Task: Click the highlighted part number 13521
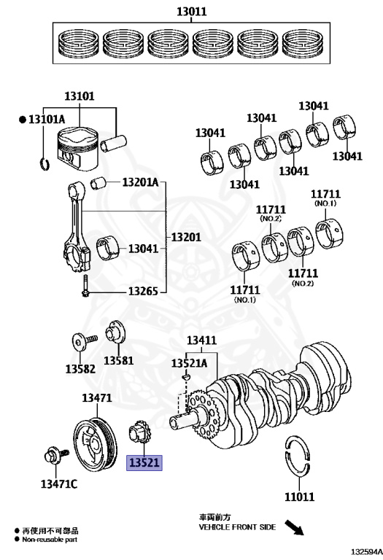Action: (x=144, y=463)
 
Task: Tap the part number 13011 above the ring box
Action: (x=191, y=12)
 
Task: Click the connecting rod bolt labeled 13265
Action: (x=85, y=286)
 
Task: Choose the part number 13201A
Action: (x=140, y=182)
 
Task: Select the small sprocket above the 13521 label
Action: (x=139, y=433)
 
